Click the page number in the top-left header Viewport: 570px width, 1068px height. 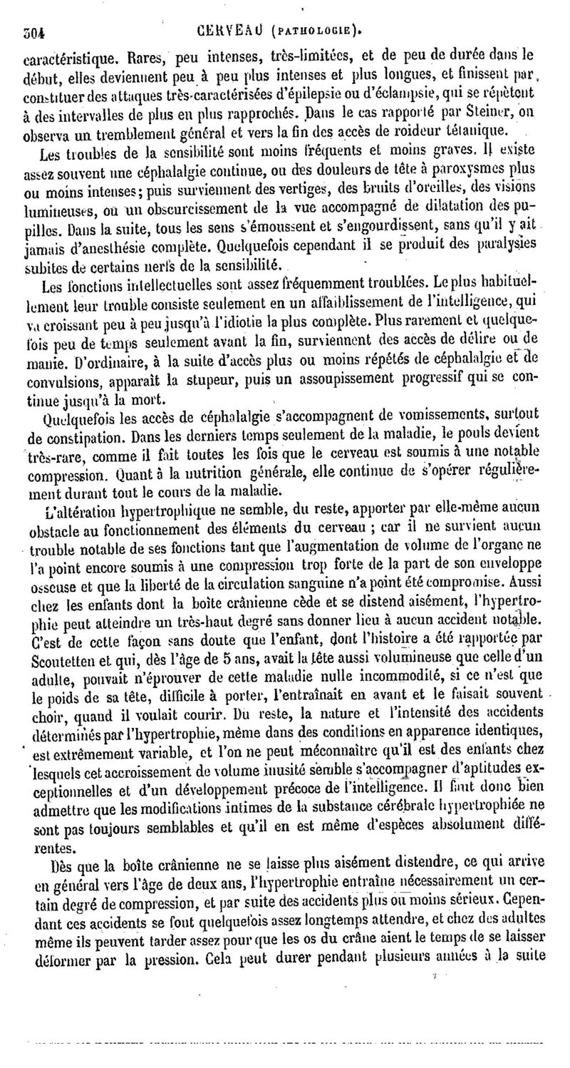pos(33,32)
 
